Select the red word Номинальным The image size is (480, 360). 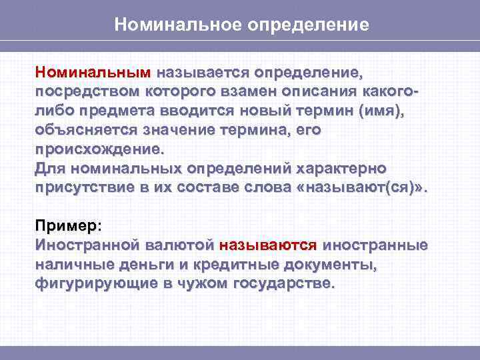94,71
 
